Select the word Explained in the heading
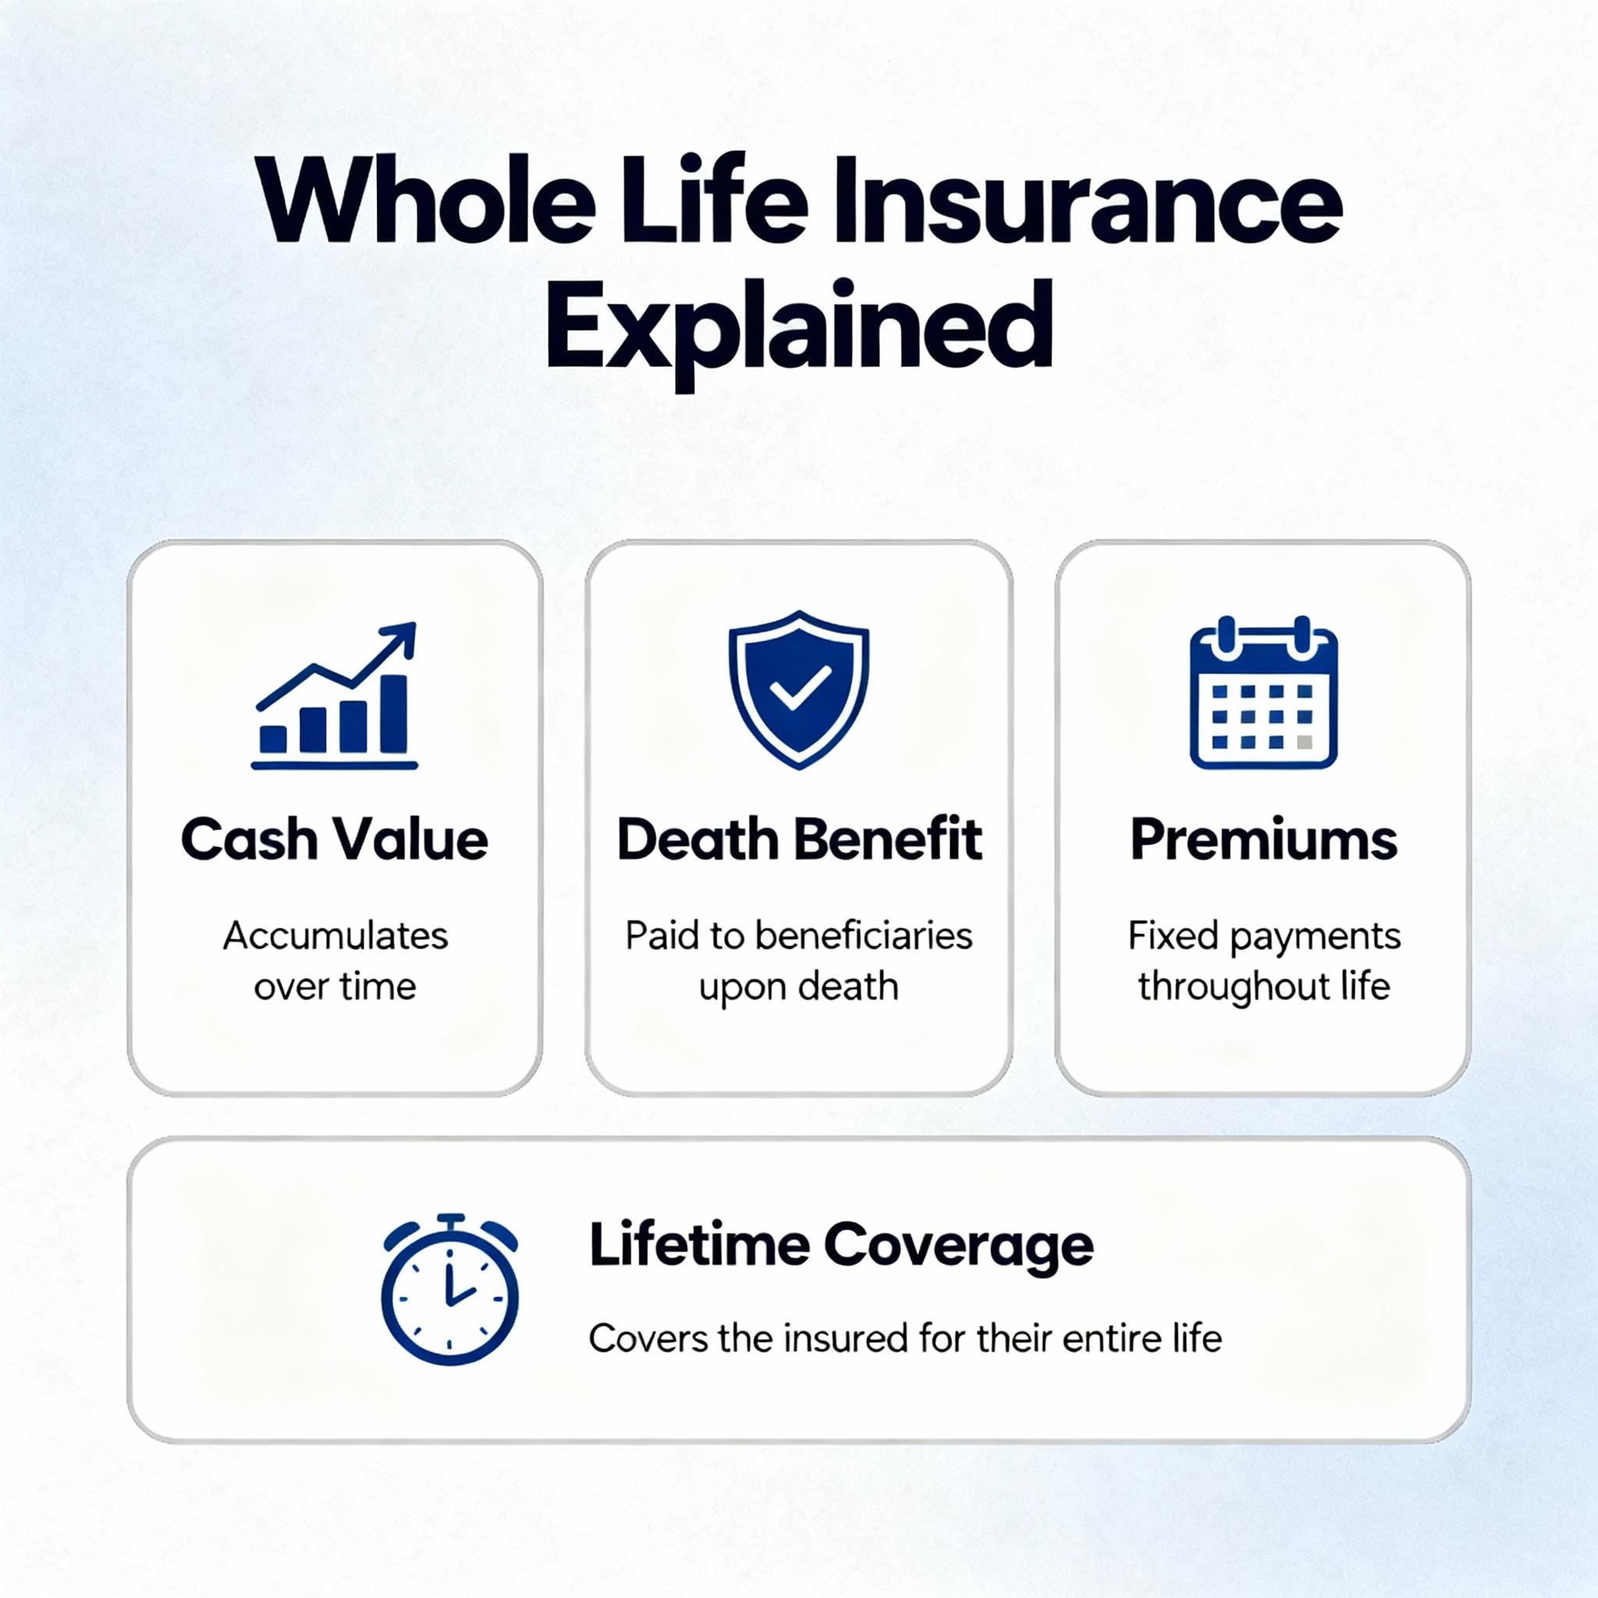click(x=798, y=328)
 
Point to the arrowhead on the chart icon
click(x=403, y=637)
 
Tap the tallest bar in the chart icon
click(x=394, y=712)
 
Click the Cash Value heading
click(x=334, y=840)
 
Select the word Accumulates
click(x=335, y=936)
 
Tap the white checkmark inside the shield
click(x=799, y=687)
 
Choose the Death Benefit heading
click(x=799, y=840)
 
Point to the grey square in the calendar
click(x=1305, y=742)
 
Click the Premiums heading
click(x=1264, y=840)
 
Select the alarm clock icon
click(x=449, y=1290)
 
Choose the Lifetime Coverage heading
click(x=840, y=1245)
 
